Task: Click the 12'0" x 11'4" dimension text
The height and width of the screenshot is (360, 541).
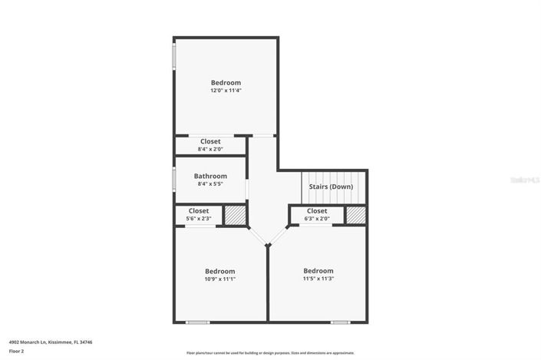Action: (x=226, y=91)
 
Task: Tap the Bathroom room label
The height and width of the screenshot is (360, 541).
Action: (x=210, y=176)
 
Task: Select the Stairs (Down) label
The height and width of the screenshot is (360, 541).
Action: (x=331, y=187)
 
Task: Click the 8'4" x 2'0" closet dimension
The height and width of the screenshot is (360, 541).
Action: (x=210, y=150)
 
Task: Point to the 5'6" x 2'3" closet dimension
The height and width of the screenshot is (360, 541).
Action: (x=199, y=219)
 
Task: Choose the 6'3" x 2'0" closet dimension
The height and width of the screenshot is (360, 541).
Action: (x=317, y=219)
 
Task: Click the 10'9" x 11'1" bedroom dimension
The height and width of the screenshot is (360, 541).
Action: (x=219, y=279)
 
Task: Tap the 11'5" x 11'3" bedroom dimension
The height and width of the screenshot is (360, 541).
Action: (x=318, y=279)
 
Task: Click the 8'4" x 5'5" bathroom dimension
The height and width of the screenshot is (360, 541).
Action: (x=210, y=184)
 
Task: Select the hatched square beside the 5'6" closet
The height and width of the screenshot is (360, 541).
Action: (x=235, y=216)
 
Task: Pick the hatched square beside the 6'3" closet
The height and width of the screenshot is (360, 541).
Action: (x=356, y=215)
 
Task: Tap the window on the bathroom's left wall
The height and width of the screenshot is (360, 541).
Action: (x=173, y=180)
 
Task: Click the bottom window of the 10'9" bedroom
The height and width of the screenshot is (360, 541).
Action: (x=198, y=322)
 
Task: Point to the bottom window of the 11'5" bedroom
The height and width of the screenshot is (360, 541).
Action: (x=341, y=322)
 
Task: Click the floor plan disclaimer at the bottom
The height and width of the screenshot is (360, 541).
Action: (x=270, y=353)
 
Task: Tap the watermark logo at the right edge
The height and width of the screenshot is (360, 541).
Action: (x=526, y=180)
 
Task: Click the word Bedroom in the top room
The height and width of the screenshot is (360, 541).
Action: (x=226, y=82)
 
